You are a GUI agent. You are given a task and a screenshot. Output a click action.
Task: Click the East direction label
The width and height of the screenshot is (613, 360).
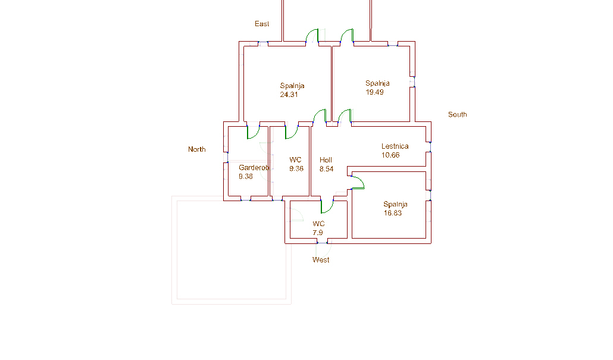pyautogui.click(x=262, y=24)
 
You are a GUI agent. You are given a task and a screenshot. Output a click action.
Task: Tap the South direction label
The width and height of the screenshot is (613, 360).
pyautogui.click(x=458, y=114)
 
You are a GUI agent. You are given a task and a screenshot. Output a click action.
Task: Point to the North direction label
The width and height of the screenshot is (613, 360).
pyautogui.click(x=196, y=149)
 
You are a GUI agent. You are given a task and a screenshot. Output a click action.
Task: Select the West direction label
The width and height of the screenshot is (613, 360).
pyautogui.click(x=321, y=260)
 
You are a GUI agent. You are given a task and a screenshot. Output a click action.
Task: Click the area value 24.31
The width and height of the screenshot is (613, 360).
pyautogui.click(x=289, y=95)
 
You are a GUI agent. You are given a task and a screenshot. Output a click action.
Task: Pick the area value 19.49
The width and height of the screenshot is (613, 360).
pyautogui.click(x=374, y=92)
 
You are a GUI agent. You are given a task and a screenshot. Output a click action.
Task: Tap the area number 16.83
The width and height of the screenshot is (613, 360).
pyautogui.click(x=393, y=213)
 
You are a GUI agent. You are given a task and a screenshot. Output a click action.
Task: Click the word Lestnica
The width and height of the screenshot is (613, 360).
pyautogui.click(x=395, y=146)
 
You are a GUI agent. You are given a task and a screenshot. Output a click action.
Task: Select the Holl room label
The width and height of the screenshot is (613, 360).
pyautogui.click(x=326, y=160)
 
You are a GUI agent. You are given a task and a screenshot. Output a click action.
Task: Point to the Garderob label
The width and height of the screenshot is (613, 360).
pyautogui.click(x=254, y=168)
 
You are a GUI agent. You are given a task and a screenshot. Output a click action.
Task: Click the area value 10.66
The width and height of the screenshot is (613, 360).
pyautogui.click(x=390, y=155)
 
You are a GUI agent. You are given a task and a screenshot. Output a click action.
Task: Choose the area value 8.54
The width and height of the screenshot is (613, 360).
pyautogui.click(x=327, y=169)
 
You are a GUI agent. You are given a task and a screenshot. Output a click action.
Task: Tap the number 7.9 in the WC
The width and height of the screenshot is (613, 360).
pyautogui.click(x=318, y=233)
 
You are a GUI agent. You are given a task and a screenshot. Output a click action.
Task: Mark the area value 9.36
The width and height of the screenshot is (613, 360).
pyautogui.click(x=296, y=169)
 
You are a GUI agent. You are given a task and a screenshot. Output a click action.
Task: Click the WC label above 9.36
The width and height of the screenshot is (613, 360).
pyautogui.click(x=295, y=160)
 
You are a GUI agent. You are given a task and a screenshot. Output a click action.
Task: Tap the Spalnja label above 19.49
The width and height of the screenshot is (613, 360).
pyautogui.click(x=377, y=83)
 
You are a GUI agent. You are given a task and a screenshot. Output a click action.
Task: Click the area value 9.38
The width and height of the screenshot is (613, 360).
pyautogui.click(x=246, y=177)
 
